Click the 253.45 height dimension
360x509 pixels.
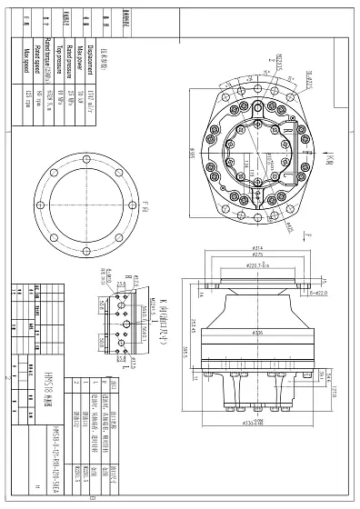pyautogui.click(x=195, y=320)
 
